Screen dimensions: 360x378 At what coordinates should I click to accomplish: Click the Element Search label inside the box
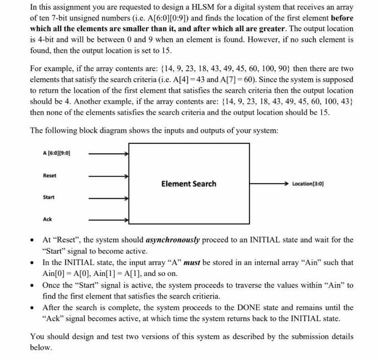pos(189,184)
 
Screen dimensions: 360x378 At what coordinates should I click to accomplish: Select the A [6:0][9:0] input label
pos(56,153)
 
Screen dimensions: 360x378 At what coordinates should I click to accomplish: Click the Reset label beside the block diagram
pos(50,175)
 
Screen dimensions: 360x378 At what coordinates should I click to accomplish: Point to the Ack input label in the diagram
pos(47,219)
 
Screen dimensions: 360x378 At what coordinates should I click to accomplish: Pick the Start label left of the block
pos(49,197)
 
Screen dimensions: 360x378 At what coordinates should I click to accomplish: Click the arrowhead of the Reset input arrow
pos(126,175)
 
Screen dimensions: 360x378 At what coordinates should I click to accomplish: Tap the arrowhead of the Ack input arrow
pos(126,219)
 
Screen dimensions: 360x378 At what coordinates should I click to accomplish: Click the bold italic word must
pos(192,263)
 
